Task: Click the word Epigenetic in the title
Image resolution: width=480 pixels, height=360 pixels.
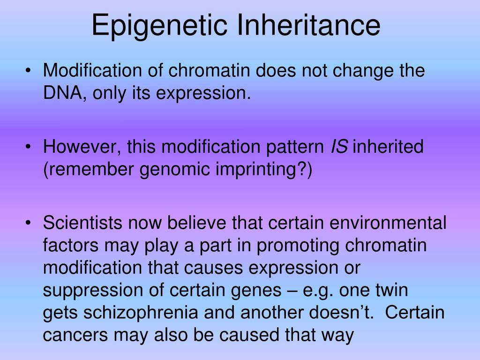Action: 161,25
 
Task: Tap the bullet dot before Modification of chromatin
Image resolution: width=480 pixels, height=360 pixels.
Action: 30,72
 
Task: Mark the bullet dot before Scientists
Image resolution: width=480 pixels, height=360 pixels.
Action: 30,224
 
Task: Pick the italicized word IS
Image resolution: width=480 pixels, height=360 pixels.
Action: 339,147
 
